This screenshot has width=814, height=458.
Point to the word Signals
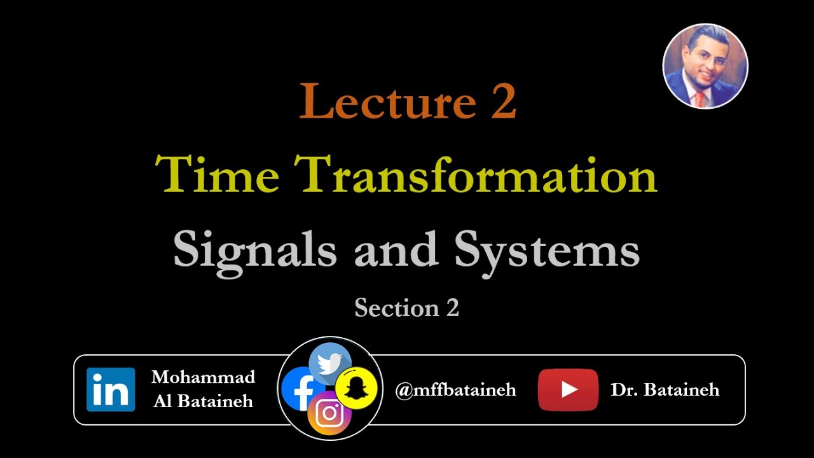[x=255, y=249]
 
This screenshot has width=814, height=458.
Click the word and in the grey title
[x=396, y=249]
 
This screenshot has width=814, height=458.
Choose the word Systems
[x=547, y=249]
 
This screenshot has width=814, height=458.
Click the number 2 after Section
[x=452, y=308]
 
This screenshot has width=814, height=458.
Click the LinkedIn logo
[x=111, y=389]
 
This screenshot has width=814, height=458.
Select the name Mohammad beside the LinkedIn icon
[x=203, y=377]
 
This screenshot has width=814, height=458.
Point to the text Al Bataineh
[x=203, y=401]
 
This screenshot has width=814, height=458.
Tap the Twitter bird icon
[x=330, y=363]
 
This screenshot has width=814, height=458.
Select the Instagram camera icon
[x=329, y=413]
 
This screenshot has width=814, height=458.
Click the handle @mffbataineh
[x=455, y=390]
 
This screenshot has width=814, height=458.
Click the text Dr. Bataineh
[x=665, y=390]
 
